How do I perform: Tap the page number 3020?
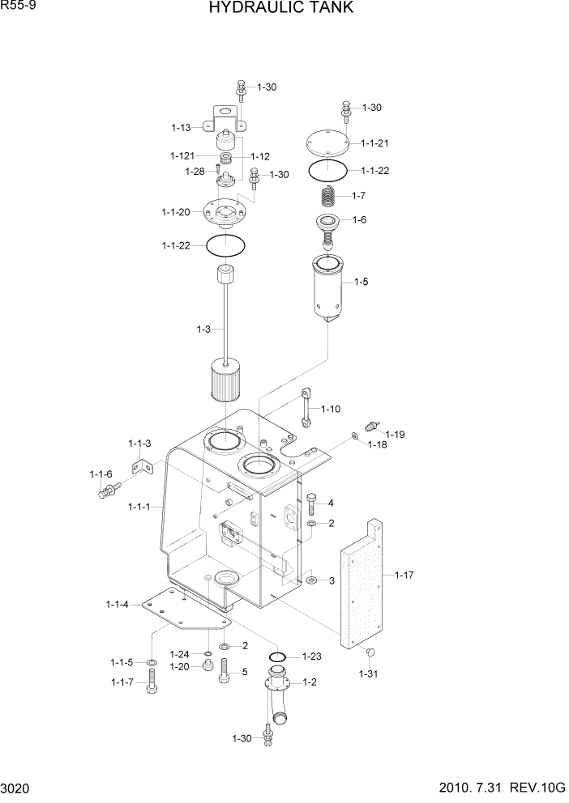[17, 789]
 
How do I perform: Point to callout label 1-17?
[404, 575]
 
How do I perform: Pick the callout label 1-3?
[203, 329]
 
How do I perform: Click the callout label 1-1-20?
[176, 212]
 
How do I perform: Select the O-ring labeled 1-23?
[276, 656]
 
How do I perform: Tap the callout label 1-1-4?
[118, 604]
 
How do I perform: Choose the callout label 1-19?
[395, 434]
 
